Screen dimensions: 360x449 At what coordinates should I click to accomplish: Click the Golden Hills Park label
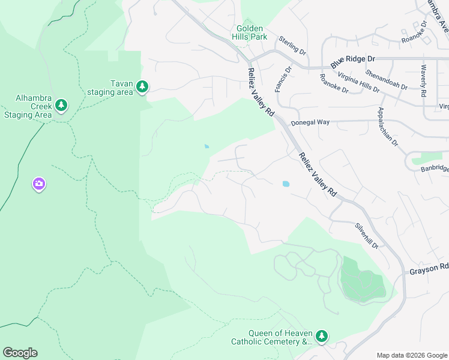coord(251,32)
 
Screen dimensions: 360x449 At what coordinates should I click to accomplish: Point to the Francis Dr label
coord(283,79)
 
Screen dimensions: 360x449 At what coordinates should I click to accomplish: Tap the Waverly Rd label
coord(423,80)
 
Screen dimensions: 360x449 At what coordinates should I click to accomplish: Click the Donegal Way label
coord(310,122)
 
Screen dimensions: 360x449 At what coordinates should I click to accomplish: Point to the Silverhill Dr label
coord(366,236)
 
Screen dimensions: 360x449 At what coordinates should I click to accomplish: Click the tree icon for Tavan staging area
coord(142,88)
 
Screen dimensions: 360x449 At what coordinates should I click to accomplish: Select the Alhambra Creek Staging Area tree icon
coord(61,106)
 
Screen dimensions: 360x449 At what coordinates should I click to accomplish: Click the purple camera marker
coord(39,184)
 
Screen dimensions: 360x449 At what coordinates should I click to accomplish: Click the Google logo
coord(20,353)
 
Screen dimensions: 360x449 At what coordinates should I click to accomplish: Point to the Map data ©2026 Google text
coord(411,355)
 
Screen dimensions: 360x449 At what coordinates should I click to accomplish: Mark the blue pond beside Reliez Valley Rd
coord(285,184)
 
